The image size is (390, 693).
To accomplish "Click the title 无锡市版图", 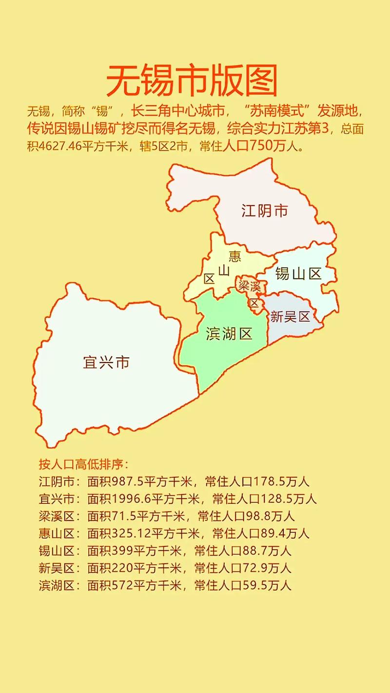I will [x=192, y=81].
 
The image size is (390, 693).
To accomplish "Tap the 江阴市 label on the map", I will [x=265, y=211].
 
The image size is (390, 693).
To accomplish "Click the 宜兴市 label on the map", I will [x=106, y=363].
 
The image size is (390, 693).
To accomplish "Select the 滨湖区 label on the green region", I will [x=229, y=334].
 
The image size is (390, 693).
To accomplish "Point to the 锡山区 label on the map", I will [x=298, y=274].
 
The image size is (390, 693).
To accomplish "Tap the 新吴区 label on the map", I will [x=290, y=317].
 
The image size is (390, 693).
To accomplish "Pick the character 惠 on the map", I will [x=235, y=255].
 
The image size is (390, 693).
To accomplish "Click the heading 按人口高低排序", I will [x=83, y=463].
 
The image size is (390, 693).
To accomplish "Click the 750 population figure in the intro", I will [x=265, y=147].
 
